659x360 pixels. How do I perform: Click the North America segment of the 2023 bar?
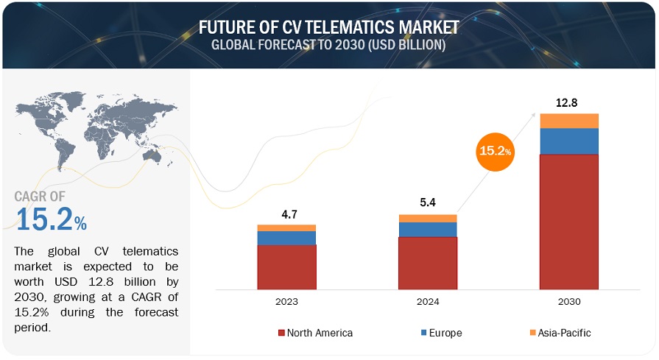click(286, 267)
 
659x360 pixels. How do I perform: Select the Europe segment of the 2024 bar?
click(428, 230)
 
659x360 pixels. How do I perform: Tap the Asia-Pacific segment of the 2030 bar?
click(569, 121)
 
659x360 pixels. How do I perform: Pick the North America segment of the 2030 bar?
click(569, 221)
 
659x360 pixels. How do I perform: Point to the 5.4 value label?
click(428, 202)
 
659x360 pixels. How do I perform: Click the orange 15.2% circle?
click(496, 151)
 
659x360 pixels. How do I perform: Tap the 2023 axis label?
click(286, 301)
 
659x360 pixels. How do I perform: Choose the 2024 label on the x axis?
click(428, 301)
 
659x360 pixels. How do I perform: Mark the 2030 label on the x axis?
click(569, 301)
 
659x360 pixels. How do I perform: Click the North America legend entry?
click(316, 333)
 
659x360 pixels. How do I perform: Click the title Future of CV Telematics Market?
click(329, 27)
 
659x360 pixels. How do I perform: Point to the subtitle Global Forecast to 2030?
click(329, 45)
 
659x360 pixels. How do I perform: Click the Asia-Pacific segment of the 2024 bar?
click(428, 219)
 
